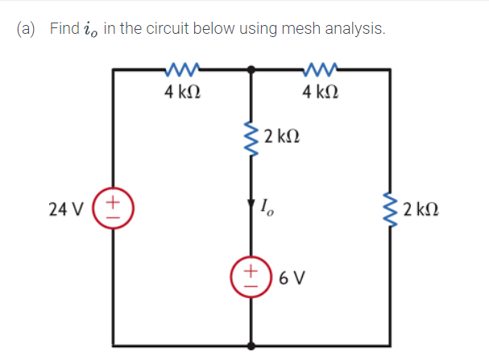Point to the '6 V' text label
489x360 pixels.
coord(292,279)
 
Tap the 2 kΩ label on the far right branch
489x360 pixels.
coord(423,211)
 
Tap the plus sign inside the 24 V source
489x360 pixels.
coord(114,199)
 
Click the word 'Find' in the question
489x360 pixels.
coord(64,29)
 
